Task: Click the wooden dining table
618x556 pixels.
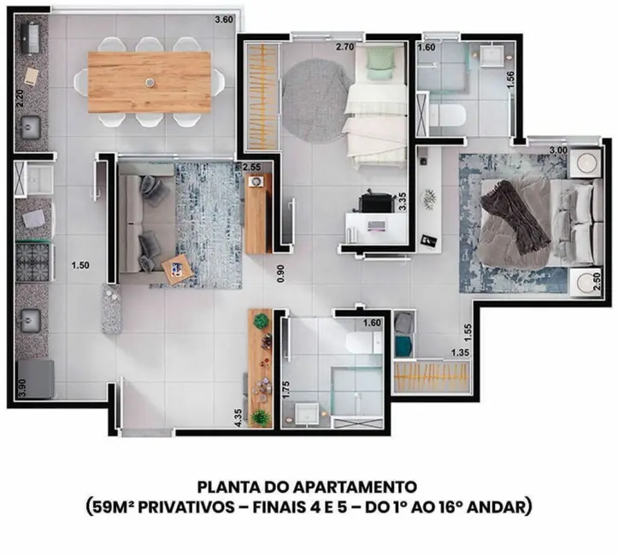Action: [x=150, y=82]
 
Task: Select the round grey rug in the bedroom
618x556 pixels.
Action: [x=317, y=92]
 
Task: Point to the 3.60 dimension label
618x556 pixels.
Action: [x=224, y=19]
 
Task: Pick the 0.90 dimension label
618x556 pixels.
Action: [x=279, y=274]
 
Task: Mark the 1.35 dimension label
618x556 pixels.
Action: [x=462, y=352]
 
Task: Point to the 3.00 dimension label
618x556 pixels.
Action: [x=558, y=151]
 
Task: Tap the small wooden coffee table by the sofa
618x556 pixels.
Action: [x=175, y=269]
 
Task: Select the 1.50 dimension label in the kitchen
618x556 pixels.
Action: [x=80, y=265]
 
